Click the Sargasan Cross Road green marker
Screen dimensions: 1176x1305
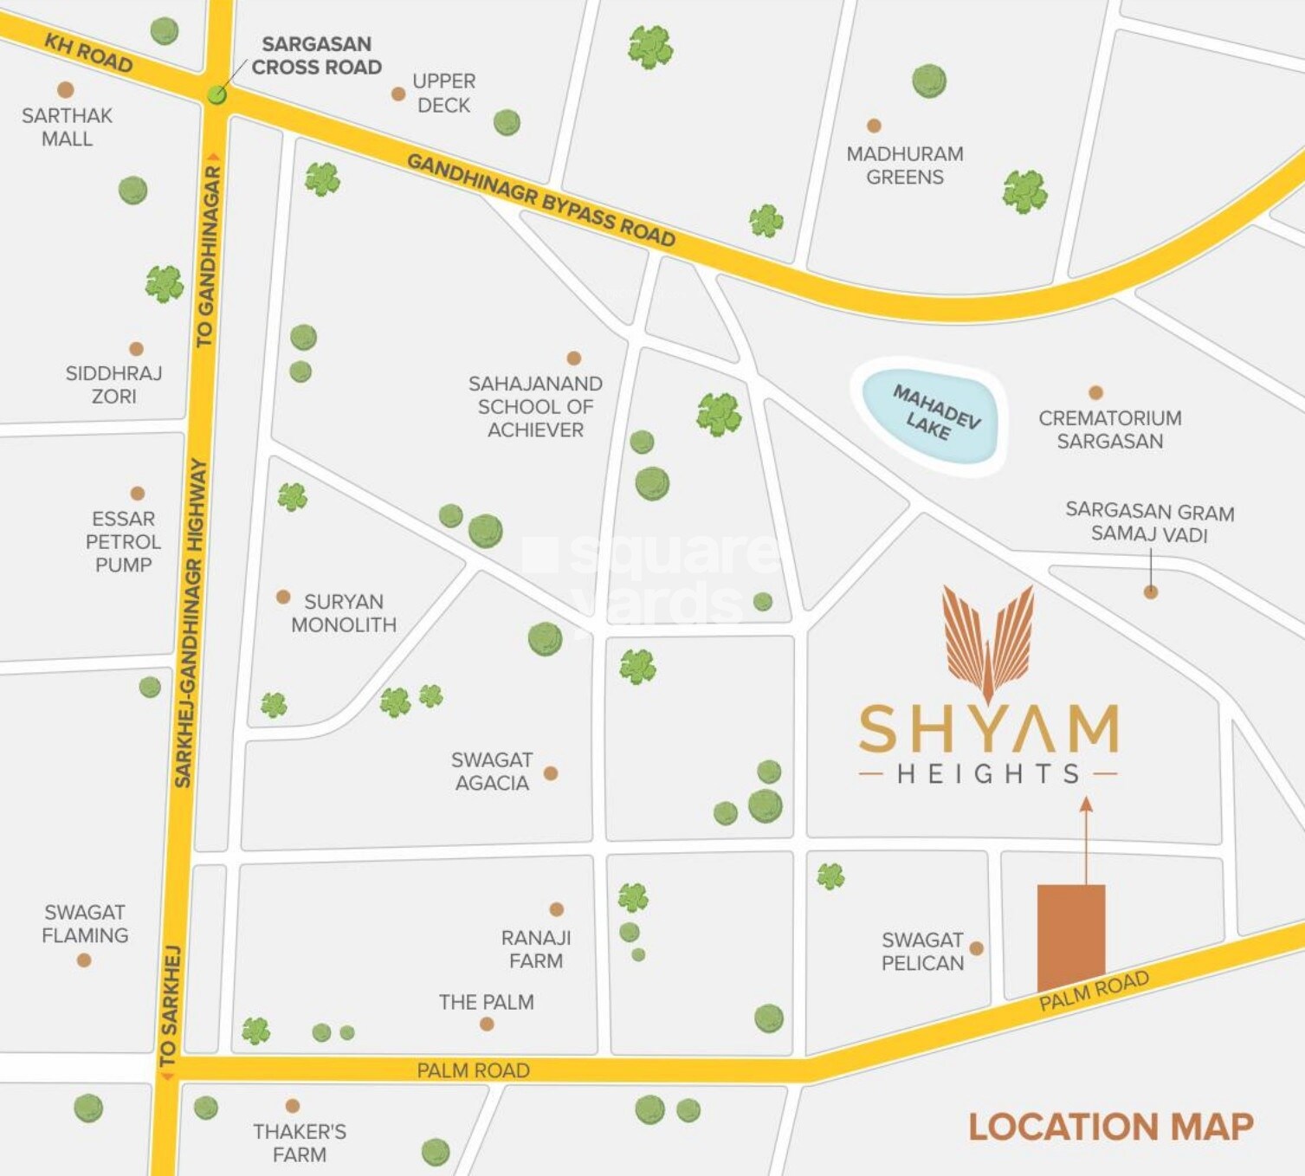[216, 94]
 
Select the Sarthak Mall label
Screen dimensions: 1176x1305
[67, 127]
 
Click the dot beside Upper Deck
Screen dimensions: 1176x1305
[398, 94]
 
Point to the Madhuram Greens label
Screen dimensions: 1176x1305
[905, 165]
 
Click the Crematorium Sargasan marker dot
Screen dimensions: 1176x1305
[1095, 392]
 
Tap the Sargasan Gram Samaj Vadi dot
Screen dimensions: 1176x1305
[1151, 592]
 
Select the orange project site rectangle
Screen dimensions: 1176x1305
[1071, 937]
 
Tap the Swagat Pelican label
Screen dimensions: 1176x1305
[922, 952]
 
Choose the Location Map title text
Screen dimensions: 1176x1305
[1110, 1127]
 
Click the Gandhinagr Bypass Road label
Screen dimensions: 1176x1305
[540, 200]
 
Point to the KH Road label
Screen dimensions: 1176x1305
[88, 54]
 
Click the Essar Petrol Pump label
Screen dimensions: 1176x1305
[123, 542]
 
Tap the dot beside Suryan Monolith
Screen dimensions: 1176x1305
[283, 598]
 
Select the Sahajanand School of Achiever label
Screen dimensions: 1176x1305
[535, 407]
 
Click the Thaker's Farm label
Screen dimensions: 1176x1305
[299, 1143]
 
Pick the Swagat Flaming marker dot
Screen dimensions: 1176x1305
[84, 960]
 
